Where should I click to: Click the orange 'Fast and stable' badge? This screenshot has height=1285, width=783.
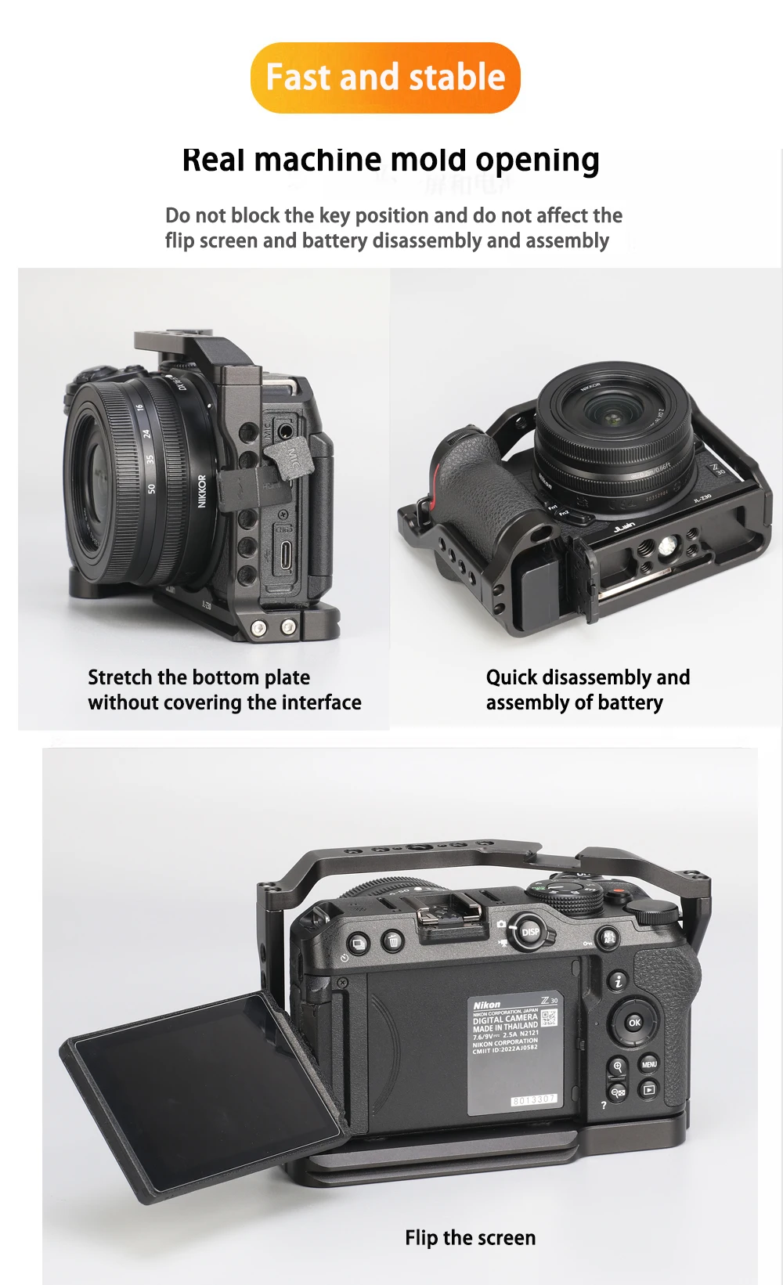pos(385,78)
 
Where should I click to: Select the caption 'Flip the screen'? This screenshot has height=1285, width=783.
pos(470,1237)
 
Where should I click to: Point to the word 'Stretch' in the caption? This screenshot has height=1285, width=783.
pos(120,677)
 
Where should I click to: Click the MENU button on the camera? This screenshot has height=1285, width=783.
pos(649,1064)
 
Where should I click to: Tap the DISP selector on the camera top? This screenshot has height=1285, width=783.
pos(530,932)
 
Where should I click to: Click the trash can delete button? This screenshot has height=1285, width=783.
pos(392,941)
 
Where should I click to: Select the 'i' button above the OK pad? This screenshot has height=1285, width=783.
pos(619,980)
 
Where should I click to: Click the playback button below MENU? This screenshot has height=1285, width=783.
pos(649,1089)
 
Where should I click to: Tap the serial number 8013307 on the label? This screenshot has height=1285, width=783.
pos(534,1099)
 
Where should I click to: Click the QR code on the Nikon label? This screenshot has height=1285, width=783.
pos(549,1017)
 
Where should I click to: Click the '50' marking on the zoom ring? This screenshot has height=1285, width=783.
pos(151,488)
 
